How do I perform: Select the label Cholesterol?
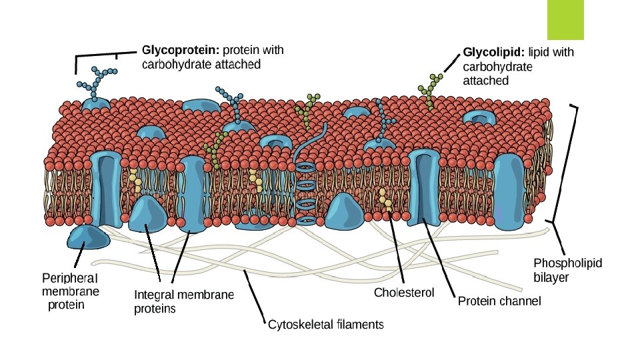(x=404, y=293)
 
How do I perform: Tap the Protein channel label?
(x=499, y=301)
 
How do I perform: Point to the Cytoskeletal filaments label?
(x=325, y=325)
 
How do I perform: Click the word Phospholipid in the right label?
(x=568, y=263)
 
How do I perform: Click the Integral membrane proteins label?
(x=184, y=301)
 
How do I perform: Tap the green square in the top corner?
(x=565, y=20)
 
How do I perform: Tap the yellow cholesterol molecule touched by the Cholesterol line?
(x=385, y=200)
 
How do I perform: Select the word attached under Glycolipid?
(x=485, y=81)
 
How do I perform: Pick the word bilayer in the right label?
(x=551, y=277)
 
